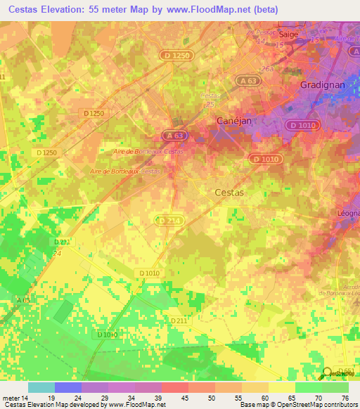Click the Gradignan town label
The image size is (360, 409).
pyautogui.click(x=321, y=83)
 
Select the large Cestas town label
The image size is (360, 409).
pyautogui.click(x=229, y=191)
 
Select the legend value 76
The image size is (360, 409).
pyautogui.click(x=345, y=398)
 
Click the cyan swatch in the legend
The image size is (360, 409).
pyautogui.click(x=41, y=387)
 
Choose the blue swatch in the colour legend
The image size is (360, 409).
pyautogui.click(x=68, y=387)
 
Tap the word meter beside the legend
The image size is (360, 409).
pyautogui.click(x=11, y=398)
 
